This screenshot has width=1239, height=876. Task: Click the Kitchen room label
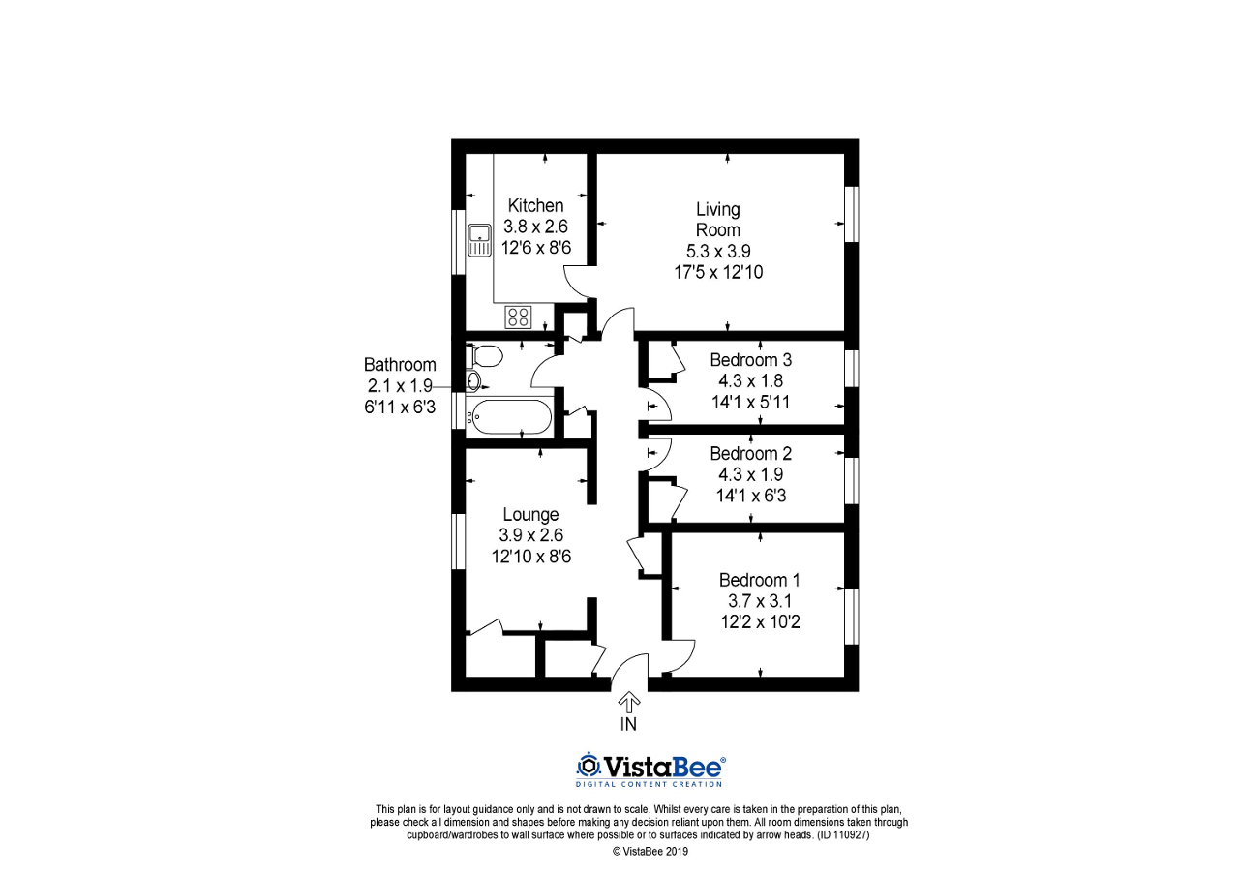[x=535, y=205]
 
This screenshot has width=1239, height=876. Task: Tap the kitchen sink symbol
[x=479, y=240]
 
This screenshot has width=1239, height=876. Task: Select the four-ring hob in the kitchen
[x=518, y=317]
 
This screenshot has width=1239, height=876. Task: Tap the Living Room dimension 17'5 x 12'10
[x=718, y=272]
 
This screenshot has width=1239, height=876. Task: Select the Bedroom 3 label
[x=743, y=360]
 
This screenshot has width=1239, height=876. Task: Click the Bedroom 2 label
[x=743, y=453]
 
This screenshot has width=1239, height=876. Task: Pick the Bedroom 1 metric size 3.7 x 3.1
[x=759, y=601]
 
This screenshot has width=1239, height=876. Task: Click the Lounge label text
[x=529, y=514]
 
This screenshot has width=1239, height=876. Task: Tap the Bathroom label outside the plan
[x=400, y=365]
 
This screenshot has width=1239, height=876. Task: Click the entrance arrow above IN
[x=629, y=701]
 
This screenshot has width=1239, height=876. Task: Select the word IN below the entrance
[x=629, y=723]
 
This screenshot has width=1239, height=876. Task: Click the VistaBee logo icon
[x=588, y=765]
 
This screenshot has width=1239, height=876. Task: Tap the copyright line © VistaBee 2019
[x=650, y=852]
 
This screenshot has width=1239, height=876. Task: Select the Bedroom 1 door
[x=680, y=654]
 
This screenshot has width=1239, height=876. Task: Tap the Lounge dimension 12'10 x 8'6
[x=529, y=557]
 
